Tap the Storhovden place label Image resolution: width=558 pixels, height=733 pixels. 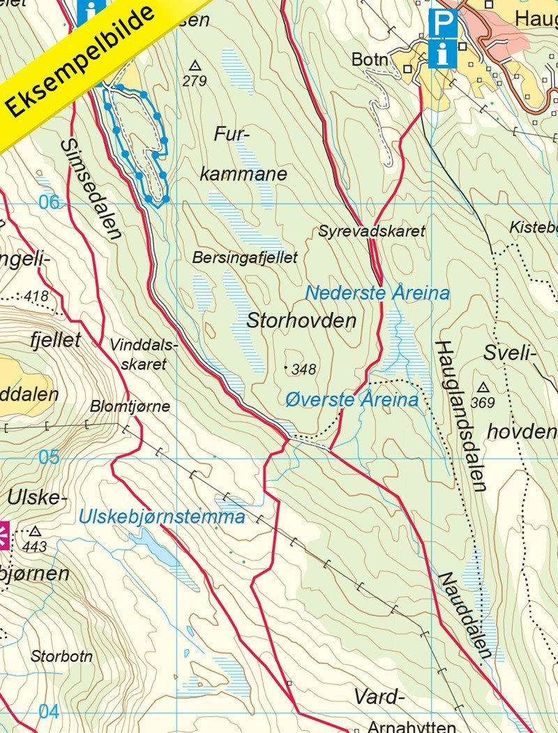[x=301, y=321]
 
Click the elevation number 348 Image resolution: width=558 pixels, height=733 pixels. [x=304, y=369]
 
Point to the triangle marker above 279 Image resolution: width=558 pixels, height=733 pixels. [x=195, y=65]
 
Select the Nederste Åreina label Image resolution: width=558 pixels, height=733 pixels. [x=377, y=293]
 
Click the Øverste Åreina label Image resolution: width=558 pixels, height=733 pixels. [x=352, y=400]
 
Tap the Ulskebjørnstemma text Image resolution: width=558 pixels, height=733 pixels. [x=162, y=517]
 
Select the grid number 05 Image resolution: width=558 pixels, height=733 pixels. [x=49, y=457]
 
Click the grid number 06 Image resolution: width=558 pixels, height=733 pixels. [x=49, y=203]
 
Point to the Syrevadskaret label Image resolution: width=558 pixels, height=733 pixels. [x=371, y=230]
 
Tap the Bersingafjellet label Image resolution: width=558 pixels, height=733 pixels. [x=245, y=258]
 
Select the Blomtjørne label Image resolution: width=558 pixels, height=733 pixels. [x=130, y=406]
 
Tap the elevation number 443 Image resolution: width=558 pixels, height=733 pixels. [x=34, y=546]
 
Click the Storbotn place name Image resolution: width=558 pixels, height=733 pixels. [x=61, y=656]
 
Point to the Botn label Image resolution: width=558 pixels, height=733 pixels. [x=369, y=59]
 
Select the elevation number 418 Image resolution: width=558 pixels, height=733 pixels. [x=36, y=297]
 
